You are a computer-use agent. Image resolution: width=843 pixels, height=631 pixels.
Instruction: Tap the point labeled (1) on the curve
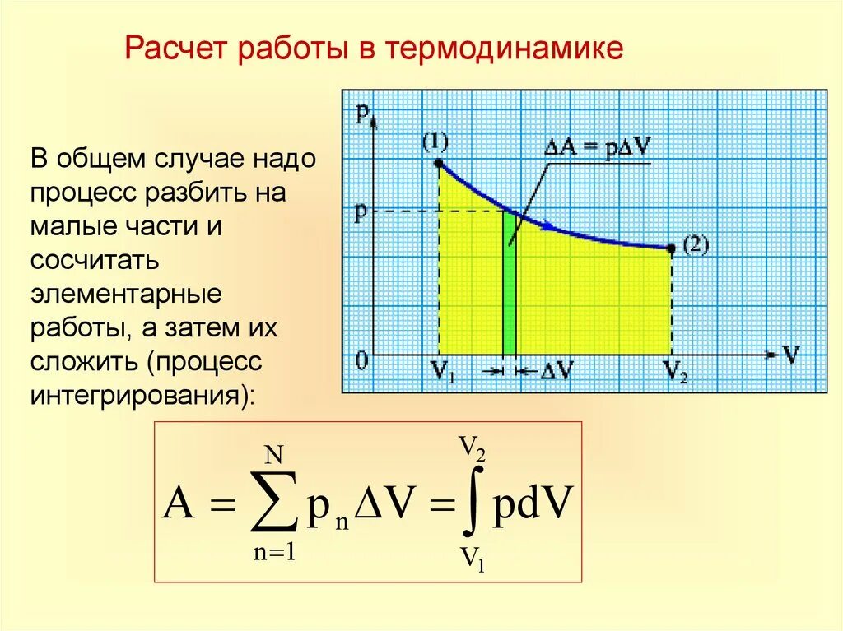(x=438, y=164)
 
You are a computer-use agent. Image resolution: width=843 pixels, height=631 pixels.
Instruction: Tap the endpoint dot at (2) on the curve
(x=671, y=248)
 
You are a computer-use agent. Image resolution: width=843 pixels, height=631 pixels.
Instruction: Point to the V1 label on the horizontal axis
(x=443, y=372)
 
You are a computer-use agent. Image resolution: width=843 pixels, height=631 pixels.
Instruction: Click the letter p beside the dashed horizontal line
(x=361, y=212)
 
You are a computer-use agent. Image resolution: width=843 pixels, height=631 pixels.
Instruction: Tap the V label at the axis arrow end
(x=790, y=355)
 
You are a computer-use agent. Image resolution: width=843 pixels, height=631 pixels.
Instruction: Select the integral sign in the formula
(x=472, y=504)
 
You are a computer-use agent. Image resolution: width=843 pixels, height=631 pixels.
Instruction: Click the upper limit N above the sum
(x=274, y=453)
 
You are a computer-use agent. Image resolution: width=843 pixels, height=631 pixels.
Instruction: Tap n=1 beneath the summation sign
(x=274, y=554)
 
